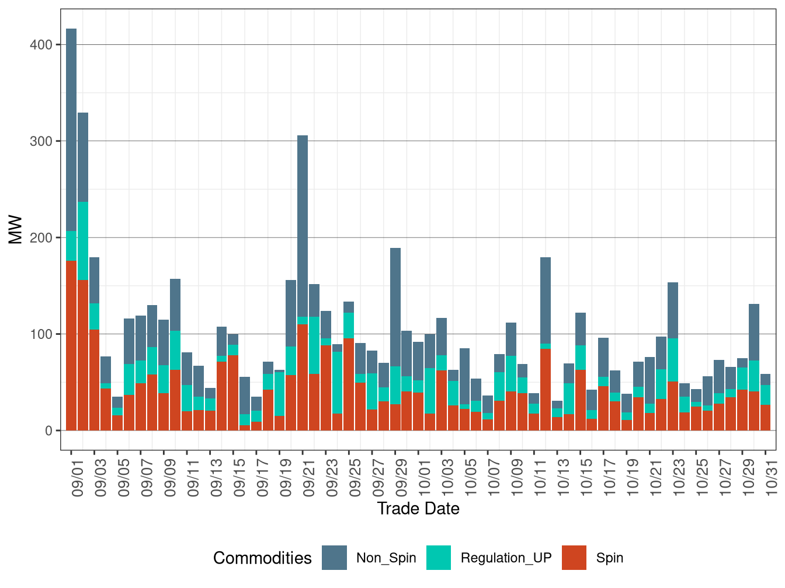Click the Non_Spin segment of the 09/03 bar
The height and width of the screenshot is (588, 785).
pos(94,280)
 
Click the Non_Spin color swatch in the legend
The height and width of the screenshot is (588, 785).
pos(334,558)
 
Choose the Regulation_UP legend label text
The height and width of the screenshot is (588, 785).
pos(506,558)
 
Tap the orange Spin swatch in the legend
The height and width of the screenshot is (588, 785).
pos(574,558)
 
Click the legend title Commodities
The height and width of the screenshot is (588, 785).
pos(262,558)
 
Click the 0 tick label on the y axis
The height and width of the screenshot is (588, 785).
pos(48,431)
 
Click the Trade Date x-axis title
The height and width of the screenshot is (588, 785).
pos(418,509)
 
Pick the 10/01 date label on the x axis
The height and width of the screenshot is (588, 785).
pos(424,477)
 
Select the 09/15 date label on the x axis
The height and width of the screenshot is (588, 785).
pos(239,477)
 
